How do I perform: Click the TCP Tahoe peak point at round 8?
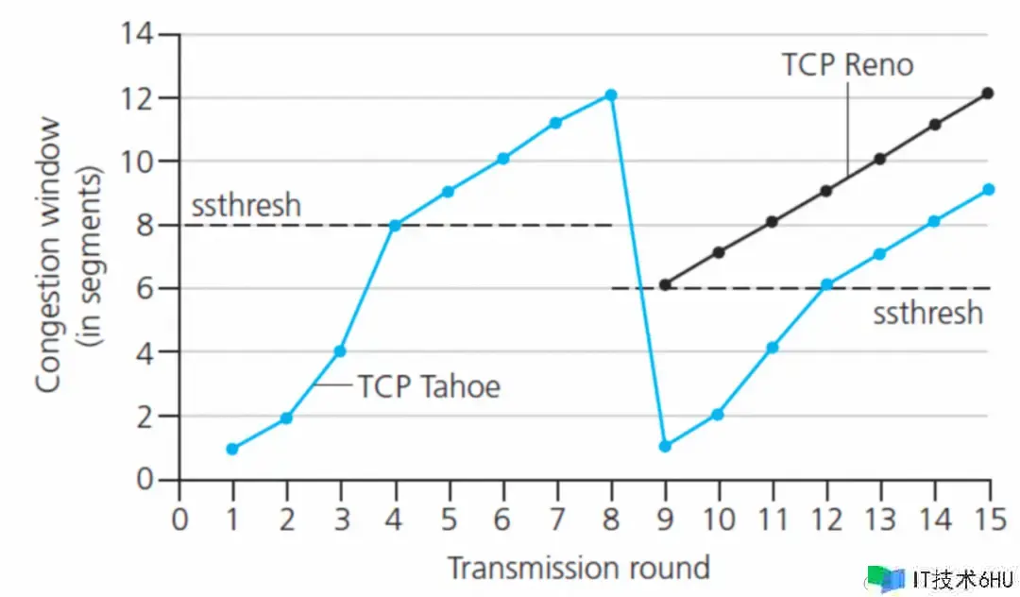coord(611,95)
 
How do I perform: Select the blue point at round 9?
coord(665,446)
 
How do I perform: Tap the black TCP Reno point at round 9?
coord(665,284)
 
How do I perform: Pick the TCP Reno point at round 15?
coord(988,94)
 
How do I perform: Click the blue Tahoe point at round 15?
coord(989,190)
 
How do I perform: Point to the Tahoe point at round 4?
coord(395,225)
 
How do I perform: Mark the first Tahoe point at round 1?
coord(232,449)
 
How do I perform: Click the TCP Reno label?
coord(847,64)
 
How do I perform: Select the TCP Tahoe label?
coord(429,385)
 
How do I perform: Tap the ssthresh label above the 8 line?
coord(246,205)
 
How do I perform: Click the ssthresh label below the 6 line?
coord(927,313)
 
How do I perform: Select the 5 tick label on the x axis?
coord(450,519)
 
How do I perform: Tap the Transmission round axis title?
coord(578,568)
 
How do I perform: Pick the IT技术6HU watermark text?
coord(963,578)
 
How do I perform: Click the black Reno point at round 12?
coord(826,191)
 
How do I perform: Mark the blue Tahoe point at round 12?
coord(826,284)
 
